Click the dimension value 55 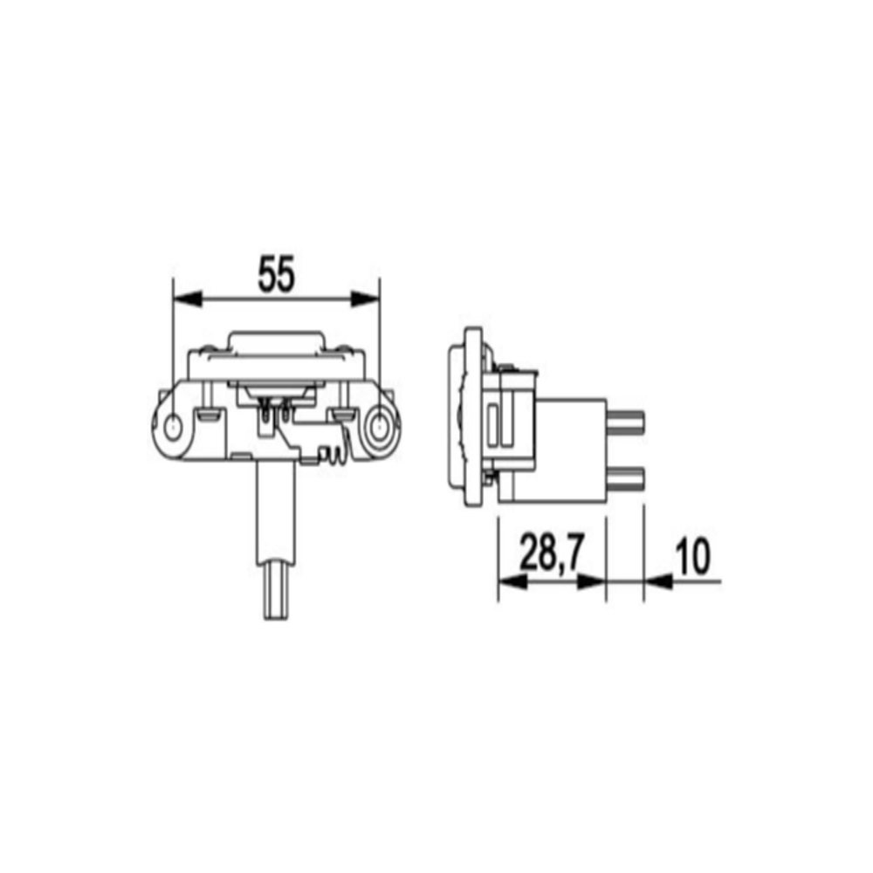[276, 274]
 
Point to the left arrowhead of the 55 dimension [188, 299]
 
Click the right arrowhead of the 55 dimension [365, 299]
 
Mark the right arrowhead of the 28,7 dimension [591, 581]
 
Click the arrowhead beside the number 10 [658, 581]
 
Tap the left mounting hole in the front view [174, 427]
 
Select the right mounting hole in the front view [381, 427]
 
